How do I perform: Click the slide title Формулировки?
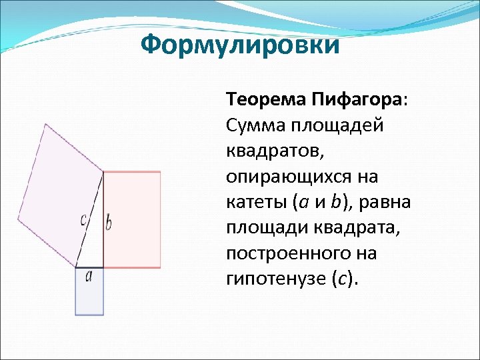pos(240,45)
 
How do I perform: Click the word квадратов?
pos(274,151)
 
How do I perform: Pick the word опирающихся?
pos(293,177)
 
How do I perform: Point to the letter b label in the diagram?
pos(109,222)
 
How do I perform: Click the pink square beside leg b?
pos(132,219)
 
